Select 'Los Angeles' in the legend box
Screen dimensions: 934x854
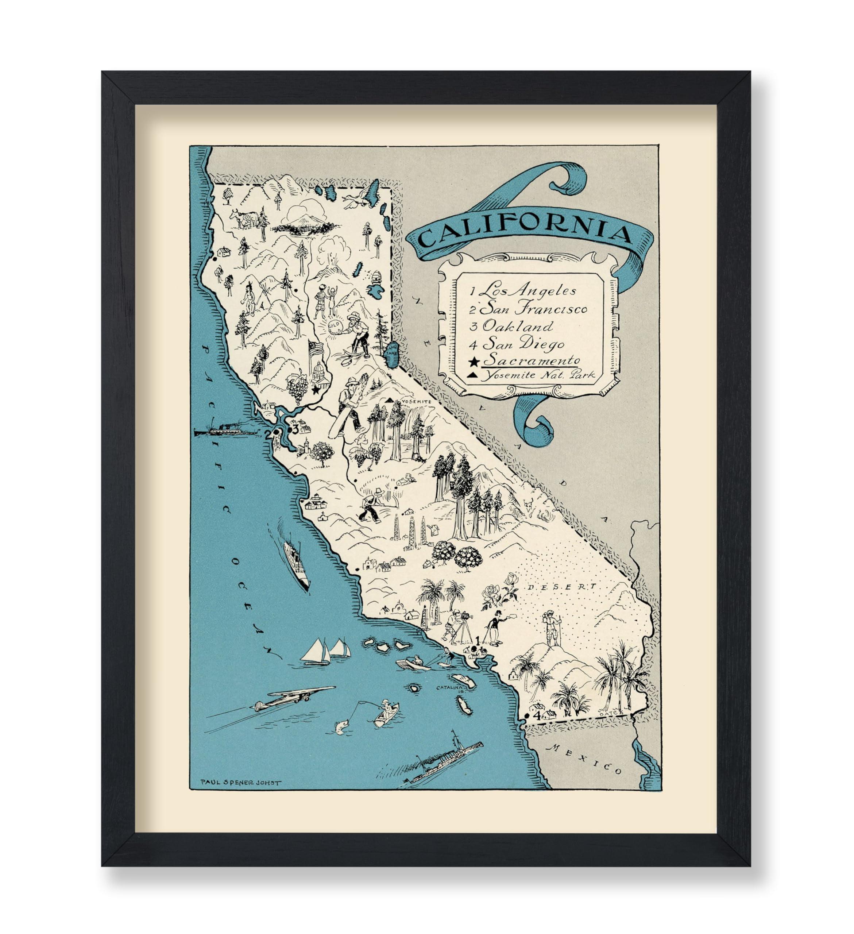[529, 290]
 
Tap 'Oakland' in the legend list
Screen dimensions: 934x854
[517, 326]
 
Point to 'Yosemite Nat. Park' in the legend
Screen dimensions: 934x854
[537, 375]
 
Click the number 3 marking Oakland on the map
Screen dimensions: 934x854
[295, 429]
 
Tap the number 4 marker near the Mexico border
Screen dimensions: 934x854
[536, 715]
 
